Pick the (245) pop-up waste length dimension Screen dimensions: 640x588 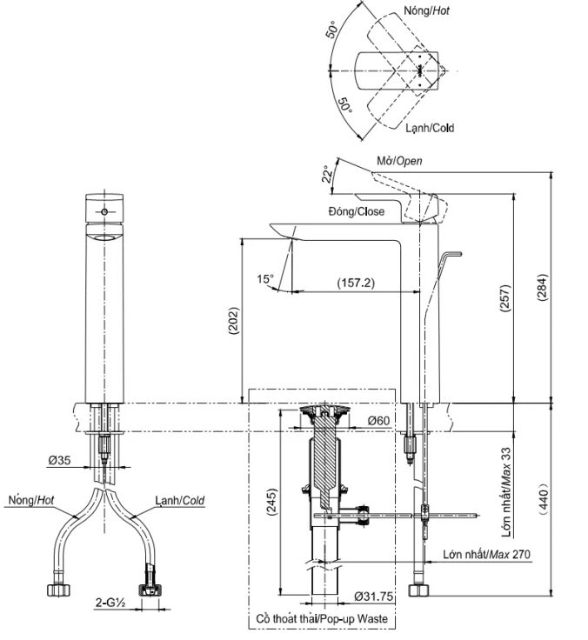pyautogui.click(x=272, y=503)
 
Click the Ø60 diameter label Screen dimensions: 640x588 pyautogui.click(x=378, y=421)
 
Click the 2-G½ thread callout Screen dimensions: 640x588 pyautogui.click(x=110, y=600)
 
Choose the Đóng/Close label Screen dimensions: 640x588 pyautogui.click(x=356, y=211)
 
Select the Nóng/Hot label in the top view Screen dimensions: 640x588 pyautogui.click(x=427, y=12)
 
